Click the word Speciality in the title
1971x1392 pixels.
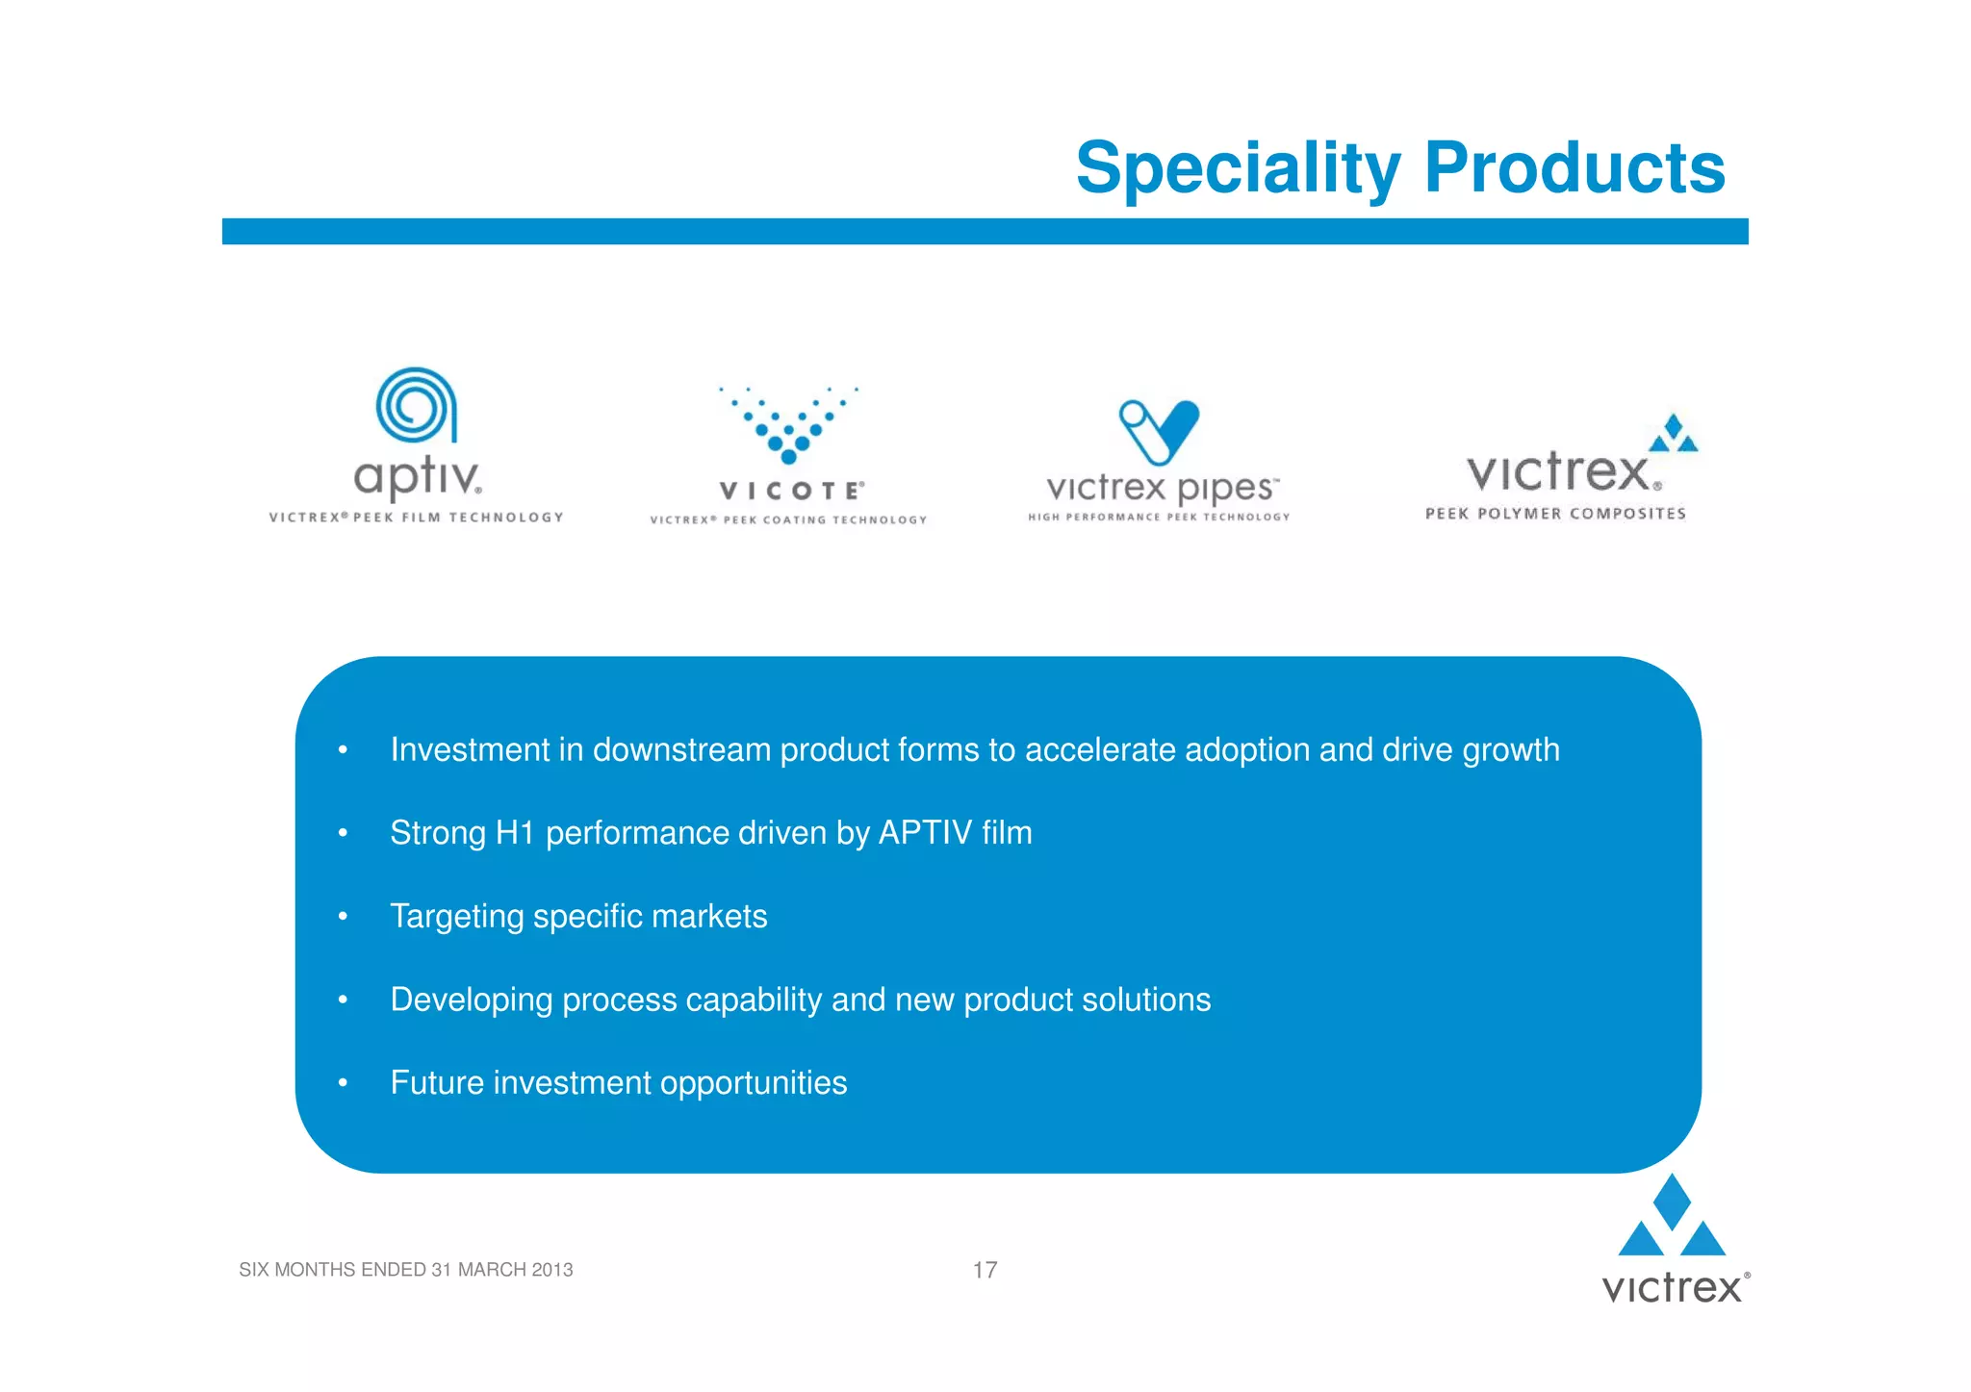point(1238,168)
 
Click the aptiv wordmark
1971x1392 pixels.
point(417,476)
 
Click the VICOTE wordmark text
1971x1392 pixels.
point(791,491)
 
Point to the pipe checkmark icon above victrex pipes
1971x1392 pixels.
point(1159,431)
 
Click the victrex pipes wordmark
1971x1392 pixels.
point(1162,488)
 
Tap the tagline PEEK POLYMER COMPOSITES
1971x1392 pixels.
point(1555,514)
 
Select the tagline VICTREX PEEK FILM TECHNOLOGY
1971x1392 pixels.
point(416,518)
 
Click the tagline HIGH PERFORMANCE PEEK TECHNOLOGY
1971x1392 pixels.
point(1159,518)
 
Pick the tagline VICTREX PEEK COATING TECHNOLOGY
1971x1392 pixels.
point(788,520)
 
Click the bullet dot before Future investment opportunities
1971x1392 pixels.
point(343,1083)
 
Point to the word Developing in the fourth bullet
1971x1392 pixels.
point(471,1000)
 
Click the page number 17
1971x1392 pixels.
point(985,1270)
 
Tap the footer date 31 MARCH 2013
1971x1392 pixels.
point(501,1270)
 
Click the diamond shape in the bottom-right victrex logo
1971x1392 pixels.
point(1672,1200)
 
